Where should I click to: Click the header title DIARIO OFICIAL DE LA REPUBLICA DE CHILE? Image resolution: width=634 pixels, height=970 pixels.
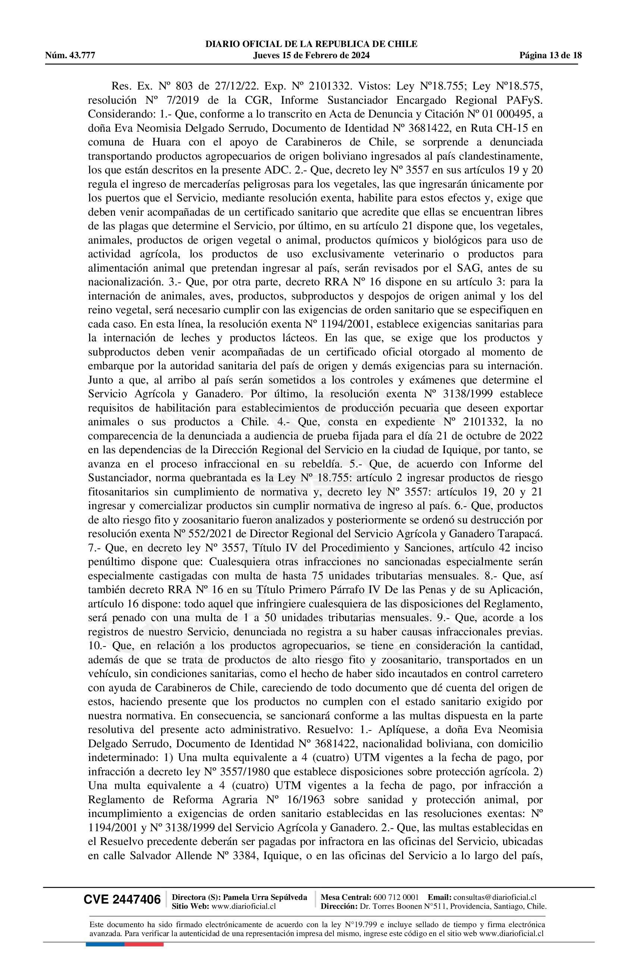pyautogui.click(x=311, y=44)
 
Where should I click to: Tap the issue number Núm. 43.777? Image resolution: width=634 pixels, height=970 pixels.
pyautogui.click(x=70, y=56)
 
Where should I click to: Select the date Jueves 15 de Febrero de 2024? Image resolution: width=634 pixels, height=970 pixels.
pyautogui.click(x=311, y=56)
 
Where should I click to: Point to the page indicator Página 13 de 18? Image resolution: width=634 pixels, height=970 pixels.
pyautogui.click(x=550, y=56)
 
